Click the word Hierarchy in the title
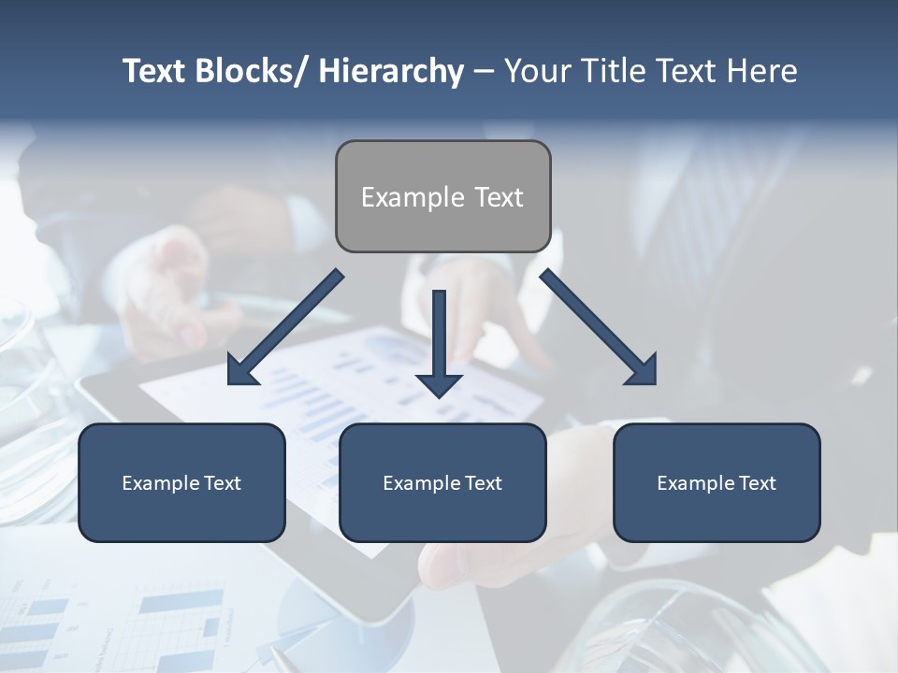pos(391,71)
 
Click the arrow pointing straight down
pos(439,341)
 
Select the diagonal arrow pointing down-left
pos(286,327)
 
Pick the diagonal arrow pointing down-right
pos(599,327)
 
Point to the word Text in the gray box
pos(499,197)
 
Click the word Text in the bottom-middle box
pos(484,483)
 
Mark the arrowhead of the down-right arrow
pos(643,371)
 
